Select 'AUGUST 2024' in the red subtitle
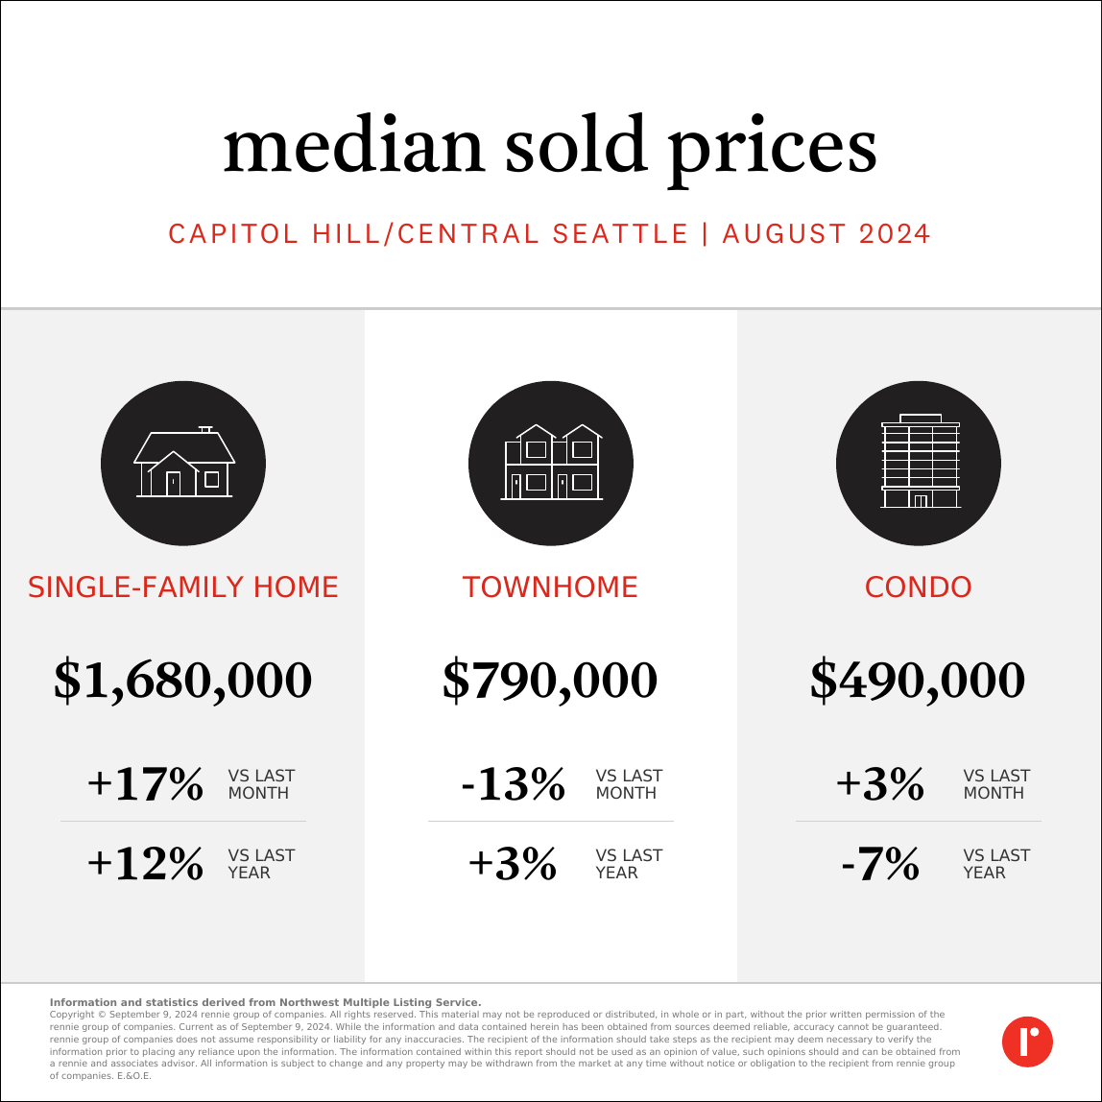(826, 234)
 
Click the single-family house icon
(183, 463)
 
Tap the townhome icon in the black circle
(551, 463)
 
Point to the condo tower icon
(919, 463)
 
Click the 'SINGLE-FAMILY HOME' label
(183, 587)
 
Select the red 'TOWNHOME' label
(551, 587)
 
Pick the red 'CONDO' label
(919, 587)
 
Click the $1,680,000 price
(183, 681)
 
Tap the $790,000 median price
(551, 681)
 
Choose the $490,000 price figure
(919, 681)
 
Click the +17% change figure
(145, 784)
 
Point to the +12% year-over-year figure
(145, 864)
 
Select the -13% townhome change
(514, 784)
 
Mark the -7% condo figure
(880, 864)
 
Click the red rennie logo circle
(1027, 1041)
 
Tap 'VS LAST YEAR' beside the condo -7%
(996, 864)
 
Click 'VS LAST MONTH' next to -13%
(629, 784)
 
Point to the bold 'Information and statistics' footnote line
(265, 1002)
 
